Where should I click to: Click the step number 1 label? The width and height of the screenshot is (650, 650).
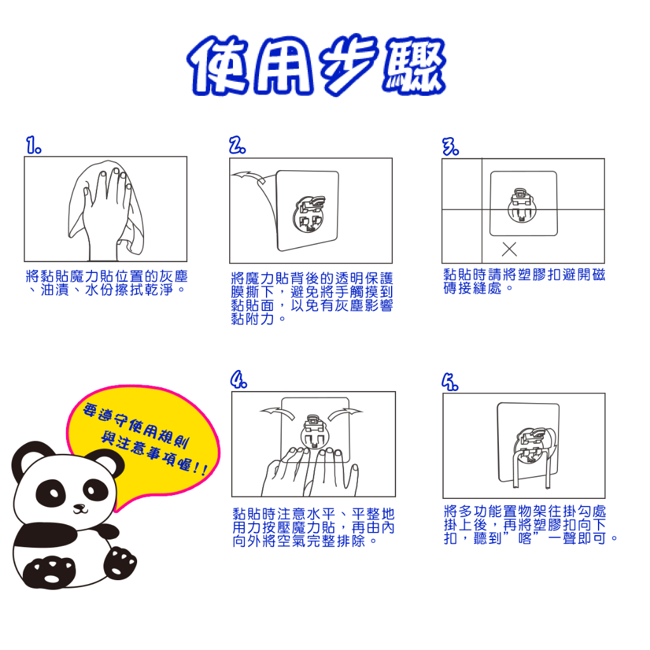[34, 145]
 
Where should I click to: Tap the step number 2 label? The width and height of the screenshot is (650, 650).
[237, 145]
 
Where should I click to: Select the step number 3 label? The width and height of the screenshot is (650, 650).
[451, 147]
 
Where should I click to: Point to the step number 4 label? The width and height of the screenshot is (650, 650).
[239, 380]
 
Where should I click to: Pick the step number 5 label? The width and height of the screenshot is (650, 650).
[450, 381]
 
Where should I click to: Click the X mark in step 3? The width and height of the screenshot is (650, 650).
[509, 249]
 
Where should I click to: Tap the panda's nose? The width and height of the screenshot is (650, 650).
[79, 506]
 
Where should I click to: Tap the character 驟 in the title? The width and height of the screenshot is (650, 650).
[414, 65]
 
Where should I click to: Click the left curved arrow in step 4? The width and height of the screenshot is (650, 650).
[277, 413]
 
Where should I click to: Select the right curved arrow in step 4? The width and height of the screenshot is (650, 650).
[345, 413]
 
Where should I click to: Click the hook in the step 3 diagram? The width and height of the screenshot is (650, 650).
[522, 205]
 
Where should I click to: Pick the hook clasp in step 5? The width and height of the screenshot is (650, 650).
[533, 446]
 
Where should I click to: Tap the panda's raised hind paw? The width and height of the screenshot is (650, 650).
[120, 563]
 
